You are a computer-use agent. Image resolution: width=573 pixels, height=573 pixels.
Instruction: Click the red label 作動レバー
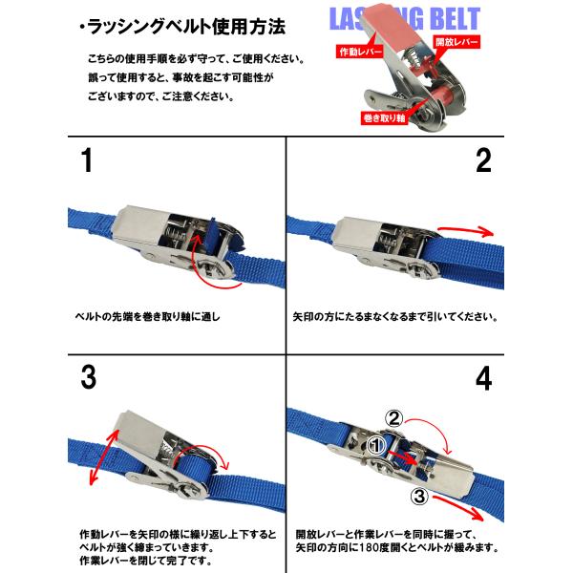360,52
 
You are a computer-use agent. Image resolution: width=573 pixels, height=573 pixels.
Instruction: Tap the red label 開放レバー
456,42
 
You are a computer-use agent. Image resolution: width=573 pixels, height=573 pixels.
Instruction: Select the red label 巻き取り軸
384,117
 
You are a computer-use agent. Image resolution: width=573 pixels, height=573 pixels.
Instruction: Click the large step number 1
87,160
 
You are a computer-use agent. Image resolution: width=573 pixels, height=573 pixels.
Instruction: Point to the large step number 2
483,160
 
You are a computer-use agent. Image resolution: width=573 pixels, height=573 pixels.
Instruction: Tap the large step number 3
89,377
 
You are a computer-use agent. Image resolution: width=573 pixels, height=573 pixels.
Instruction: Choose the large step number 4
483,379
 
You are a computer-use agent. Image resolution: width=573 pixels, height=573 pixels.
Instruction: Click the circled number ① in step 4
376,445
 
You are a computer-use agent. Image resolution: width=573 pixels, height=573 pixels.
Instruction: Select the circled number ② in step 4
393,418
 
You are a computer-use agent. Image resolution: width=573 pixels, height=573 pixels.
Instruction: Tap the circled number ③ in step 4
419,497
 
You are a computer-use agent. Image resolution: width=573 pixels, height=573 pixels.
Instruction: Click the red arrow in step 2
466,230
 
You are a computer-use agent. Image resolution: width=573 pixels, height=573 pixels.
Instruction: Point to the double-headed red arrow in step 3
104,456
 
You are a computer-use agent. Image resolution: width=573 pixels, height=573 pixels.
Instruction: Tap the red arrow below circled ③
458,507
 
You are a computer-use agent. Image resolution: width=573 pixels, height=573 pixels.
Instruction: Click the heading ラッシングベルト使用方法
182,27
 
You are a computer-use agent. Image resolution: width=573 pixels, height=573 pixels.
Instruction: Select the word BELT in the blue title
451,18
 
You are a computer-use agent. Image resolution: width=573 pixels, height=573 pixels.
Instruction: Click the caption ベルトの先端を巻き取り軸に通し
147,316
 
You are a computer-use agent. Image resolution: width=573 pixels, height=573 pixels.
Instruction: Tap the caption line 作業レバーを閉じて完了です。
146,561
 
